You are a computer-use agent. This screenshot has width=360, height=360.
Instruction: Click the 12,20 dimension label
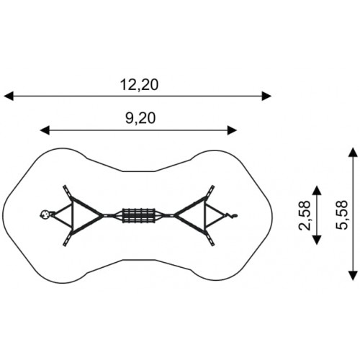coord(139,85)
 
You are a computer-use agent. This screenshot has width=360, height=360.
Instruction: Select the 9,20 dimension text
coord(140,119)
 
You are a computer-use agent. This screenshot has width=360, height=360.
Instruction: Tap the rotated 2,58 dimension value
coord(305,215)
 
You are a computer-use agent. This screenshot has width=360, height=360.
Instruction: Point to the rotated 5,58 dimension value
coord(341,215)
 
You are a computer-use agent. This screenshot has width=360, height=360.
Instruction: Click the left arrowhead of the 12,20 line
coord(9,96)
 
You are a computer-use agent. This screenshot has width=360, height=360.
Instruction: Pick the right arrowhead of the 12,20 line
coord(266,96)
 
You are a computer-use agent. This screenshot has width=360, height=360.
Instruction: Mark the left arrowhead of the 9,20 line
coord(45,130)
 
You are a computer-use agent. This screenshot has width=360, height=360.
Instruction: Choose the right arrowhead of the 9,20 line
coord(232,130)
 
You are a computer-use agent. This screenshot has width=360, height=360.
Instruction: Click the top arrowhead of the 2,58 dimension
coord(317,190)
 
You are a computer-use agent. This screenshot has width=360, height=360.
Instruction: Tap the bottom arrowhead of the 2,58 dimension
coord(317,240)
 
